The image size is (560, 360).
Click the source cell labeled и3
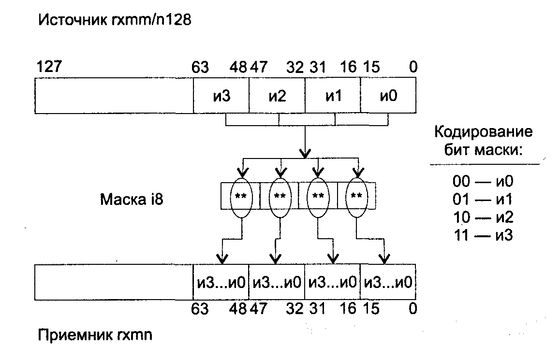click(x=221, y=96)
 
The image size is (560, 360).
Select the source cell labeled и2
click(x=277, y=96)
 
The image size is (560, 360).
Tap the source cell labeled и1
click(x=333, y=96)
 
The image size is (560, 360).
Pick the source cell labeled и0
click(x=388, y=96)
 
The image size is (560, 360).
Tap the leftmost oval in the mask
click(x=241, y=196)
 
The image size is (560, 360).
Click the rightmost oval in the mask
click(x=356, y=196)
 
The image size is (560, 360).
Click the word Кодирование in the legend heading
click(x=484, y=132)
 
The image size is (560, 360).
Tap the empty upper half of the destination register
click(x=114, y=282)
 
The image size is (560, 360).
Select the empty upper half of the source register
click(x=114, y=96)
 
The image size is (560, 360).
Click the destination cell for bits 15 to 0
click(x=388, y=282)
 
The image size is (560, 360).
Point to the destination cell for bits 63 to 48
click(x=221, y=282)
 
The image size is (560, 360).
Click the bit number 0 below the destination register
click(x=412, y=308)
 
